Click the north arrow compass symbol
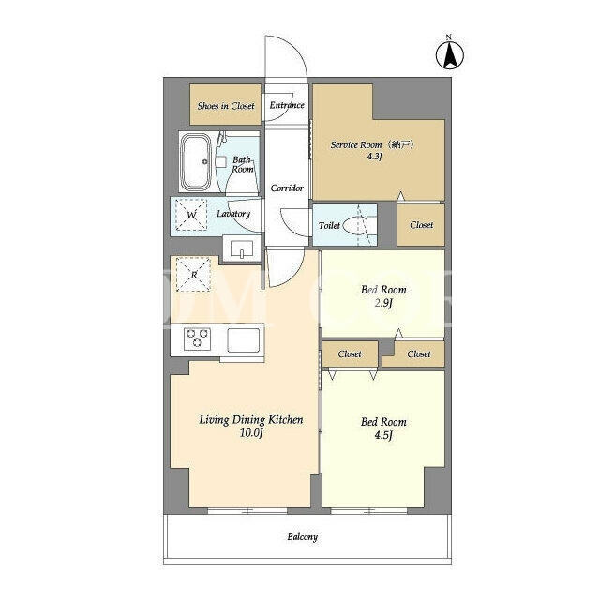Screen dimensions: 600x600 tap(450, 53)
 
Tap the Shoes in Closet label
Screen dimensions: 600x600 tap(226, 106)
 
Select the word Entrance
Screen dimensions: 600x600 tap(287, 105)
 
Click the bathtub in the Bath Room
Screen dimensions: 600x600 tap(196, 161)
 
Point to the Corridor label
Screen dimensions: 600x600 tap(287, 187)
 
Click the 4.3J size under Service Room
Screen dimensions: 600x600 tap(375, 157)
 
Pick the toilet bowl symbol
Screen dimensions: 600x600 tap(355, 225)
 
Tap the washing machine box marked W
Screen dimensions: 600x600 tap(191, 215)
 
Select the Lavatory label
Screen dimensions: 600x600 tap(233, 214)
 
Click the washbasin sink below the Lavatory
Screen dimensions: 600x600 tap(242, 248)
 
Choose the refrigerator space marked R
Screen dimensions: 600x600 tap(193, 275)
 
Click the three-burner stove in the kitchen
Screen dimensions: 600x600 tap(197, 338)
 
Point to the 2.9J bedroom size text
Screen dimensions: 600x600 tap(383, 303)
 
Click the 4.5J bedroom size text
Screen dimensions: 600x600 tap(383, 435)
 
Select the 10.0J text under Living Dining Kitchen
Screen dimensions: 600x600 tap(251, 433)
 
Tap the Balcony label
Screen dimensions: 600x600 tap(303, 537)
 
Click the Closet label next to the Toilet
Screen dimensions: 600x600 tap(421, 225)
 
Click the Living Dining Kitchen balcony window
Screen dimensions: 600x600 tap(247, 510)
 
